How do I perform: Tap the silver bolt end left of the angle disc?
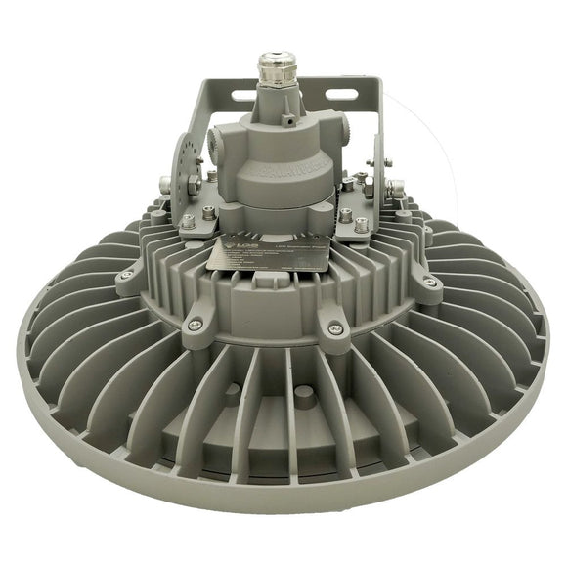tap(163, 184)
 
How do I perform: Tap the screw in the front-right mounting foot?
tap(335, 327)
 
